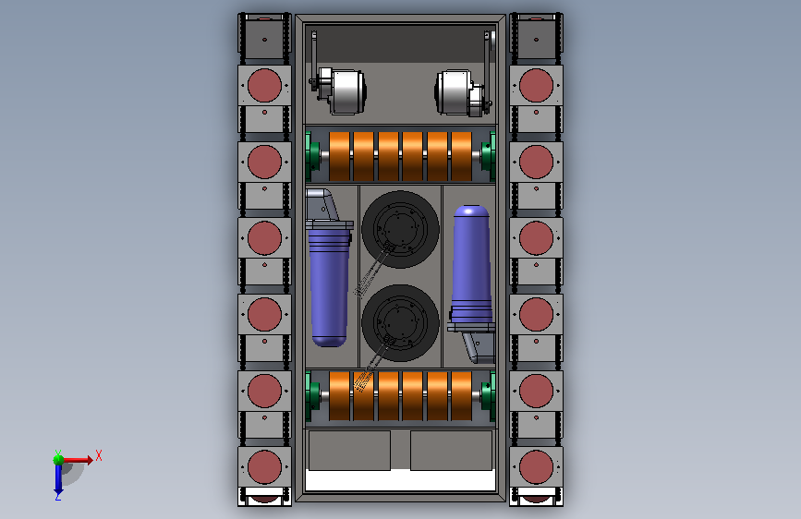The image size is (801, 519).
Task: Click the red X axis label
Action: (99, 455)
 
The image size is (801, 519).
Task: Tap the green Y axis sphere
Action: (59, 460)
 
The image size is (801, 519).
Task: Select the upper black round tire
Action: (401, 229)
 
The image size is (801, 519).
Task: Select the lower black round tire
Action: (401, 323)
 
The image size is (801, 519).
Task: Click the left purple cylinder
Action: (330, 287)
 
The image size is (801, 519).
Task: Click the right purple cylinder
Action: (471, 263)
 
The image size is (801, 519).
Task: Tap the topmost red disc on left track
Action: (264, 85)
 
